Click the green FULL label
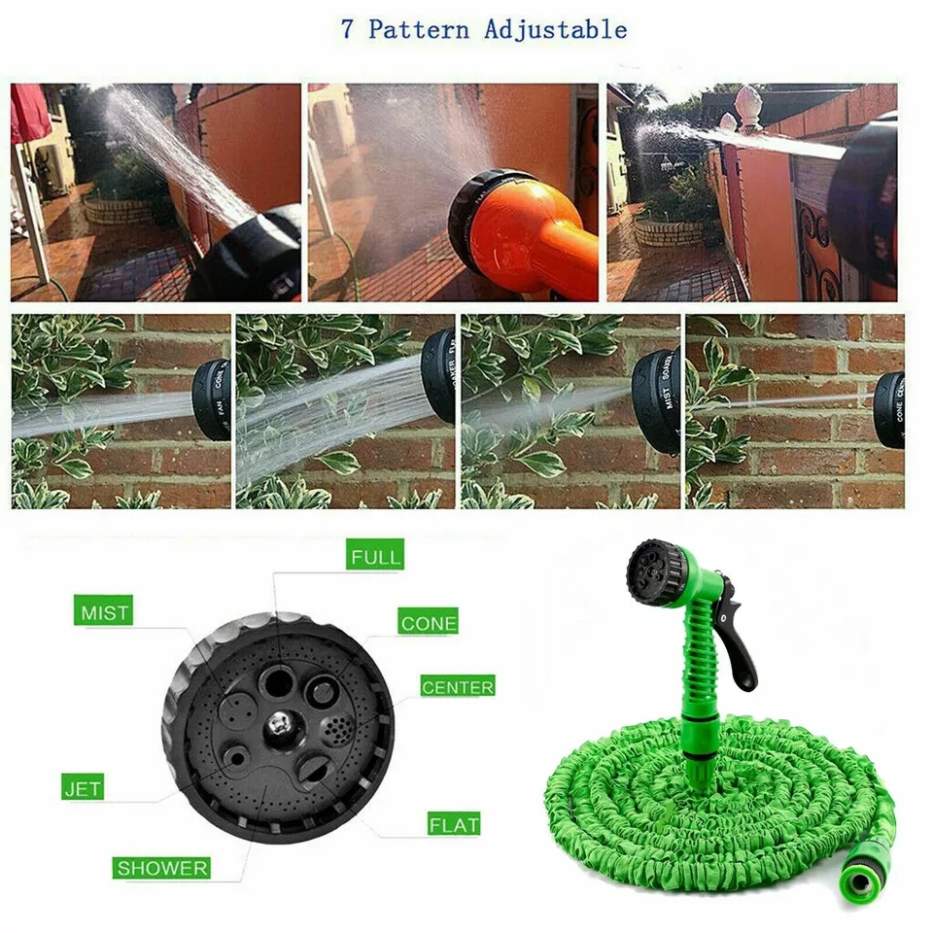(x=374, y=557)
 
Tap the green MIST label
(x=104, y=613)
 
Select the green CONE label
(x=428, y=623)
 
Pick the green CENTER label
(x=457, y=686)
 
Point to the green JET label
(x=82, y=787)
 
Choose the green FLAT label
(x=453, y=824)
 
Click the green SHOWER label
(x=161, y=867)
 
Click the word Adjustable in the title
(x=556, y=29)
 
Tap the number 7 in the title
(x=347, y=29)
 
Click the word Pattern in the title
(x=418, y=29)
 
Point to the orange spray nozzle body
(x=544, y=233)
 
